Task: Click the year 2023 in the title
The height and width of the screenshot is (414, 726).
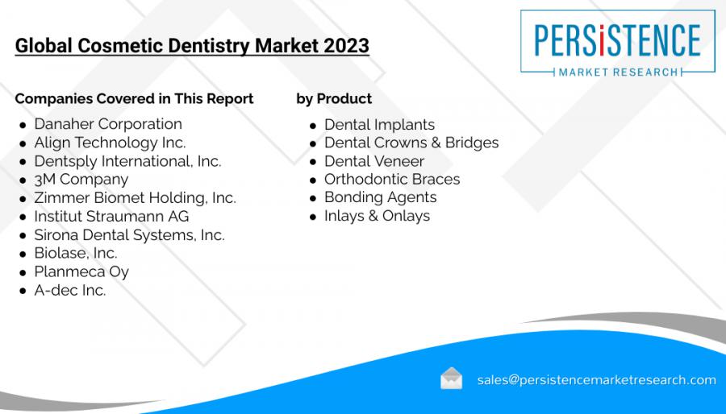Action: [x=346, y=45]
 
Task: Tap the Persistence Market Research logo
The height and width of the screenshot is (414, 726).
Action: [x=618, y=43]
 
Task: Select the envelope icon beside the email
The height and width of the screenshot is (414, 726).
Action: [x=451, y=378]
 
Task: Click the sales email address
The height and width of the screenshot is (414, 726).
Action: [x=597, y=380]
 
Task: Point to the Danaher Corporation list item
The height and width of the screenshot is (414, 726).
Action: [x=108, y=124]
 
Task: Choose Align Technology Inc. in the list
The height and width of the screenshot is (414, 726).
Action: [x=110, y=143]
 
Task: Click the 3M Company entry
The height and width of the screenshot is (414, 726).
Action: [x=81, y=180]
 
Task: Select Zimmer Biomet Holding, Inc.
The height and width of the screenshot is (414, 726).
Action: [x=136, y=198]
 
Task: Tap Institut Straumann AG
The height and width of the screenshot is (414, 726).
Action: [x=111, y=216]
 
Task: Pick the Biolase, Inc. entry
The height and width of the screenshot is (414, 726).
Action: [x=76, y=253]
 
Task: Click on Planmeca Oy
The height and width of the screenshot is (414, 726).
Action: [x=81, y=271]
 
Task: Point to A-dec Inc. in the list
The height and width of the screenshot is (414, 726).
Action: [x=70, y=290]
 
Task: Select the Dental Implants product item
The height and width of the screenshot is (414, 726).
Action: [x=379, y=125]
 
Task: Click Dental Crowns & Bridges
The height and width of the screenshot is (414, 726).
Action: [x=411, y=143]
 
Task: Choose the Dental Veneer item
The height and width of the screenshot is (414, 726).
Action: [x=374, y=161]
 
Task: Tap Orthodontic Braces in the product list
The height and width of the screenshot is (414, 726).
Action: [x=392, y=180]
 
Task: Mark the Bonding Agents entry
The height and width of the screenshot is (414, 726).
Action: [x=380, y=198]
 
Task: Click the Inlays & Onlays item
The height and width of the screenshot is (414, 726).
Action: [x=377, y=216]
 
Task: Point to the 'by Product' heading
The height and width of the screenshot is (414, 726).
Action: [x=334, y=99]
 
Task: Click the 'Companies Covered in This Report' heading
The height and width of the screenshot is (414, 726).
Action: [x=134, y=99]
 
